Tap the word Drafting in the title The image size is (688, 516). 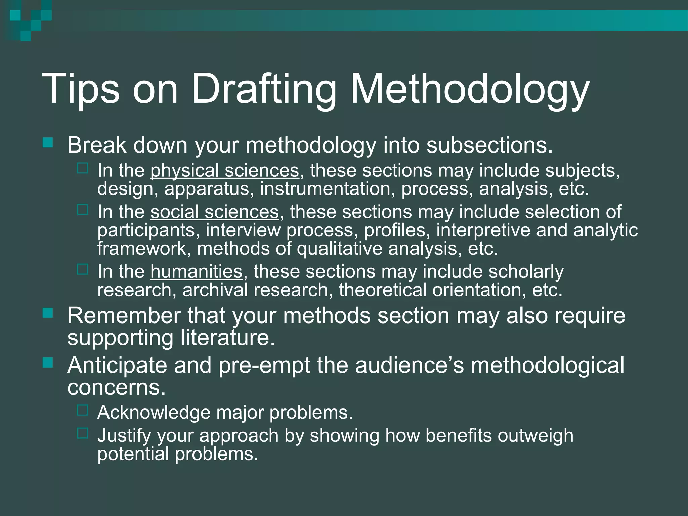(x=264, y=89)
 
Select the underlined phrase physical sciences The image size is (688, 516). (x=224, y=171)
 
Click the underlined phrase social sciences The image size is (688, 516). (x=214, y=212)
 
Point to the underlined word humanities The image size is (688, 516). (x=196, y=271)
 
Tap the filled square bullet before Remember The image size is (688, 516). (x=48, y=313)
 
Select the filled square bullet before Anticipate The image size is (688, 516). (x=48, y=362)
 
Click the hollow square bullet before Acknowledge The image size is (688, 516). (x=82, y=410)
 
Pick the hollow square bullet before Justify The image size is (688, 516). (x=82, y=433)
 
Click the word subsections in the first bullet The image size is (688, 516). (x=489, y=145)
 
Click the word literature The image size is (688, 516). (x=227, y=337)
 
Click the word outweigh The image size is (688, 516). (x=535, y=435)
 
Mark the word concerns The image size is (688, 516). (x=116, y=387)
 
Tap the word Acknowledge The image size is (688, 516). (x=154, y=412)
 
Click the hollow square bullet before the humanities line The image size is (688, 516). (x=82, y=269)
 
